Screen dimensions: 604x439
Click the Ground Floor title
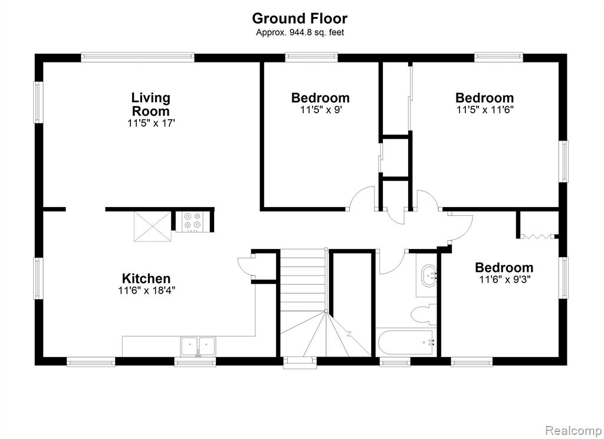tap(300, 18)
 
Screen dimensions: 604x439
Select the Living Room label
tap(150, 104)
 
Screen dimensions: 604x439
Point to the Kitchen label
tap(146, 279)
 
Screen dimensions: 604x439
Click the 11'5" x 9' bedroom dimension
tap(321, 110)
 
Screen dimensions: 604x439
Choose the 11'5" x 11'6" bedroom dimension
tap(485, 110)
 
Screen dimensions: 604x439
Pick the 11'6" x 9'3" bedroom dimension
tap(505, 279)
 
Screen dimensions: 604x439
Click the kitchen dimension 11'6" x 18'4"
tap(147, 290)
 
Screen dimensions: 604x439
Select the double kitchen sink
tap(198, 346)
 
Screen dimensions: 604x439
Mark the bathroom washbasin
tap(428, 275)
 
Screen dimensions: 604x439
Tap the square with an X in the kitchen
tap(153, 227)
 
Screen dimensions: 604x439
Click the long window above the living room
tap(137, 57)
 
